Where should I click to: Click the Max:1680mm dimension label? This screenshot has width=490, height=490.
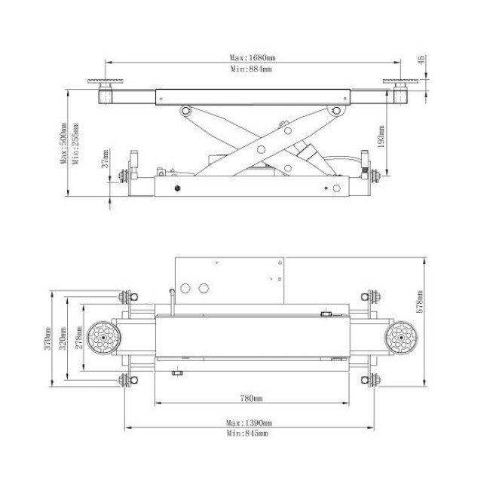253,57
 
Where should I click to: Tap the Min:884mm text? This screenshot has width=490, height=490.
251,69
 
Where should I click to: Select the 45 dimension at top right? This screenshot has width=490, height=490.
421,60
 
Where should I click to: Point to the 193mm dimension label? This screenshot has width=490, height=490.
381,136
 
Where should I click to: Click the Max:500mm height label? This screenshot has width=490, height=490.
63,142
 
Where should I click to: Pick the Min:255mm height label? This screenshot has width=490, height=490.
75,143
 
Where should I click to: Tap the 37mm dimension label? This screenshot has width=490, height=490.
106,159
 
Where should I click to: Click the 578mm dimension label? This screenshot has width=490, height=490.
421,302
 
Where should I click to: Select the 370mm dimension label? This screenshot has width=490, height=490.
47,338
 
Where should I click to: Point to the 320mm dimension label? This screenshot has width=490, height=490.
63,338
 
